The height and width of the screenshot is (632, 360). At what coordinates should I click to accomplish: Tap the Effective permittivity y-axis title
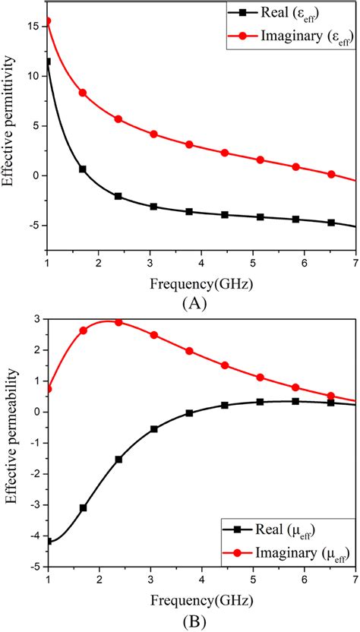(x=10, y=125)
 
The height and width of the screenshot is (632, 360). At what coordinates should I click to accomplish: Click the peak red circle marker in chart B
(x=118, y=322)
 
